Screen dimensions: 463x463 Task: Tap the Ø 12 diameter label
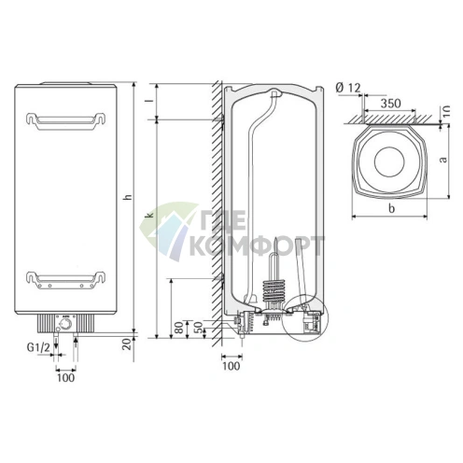347,87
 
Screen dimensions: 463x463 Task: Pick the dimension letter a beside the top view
442,160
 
